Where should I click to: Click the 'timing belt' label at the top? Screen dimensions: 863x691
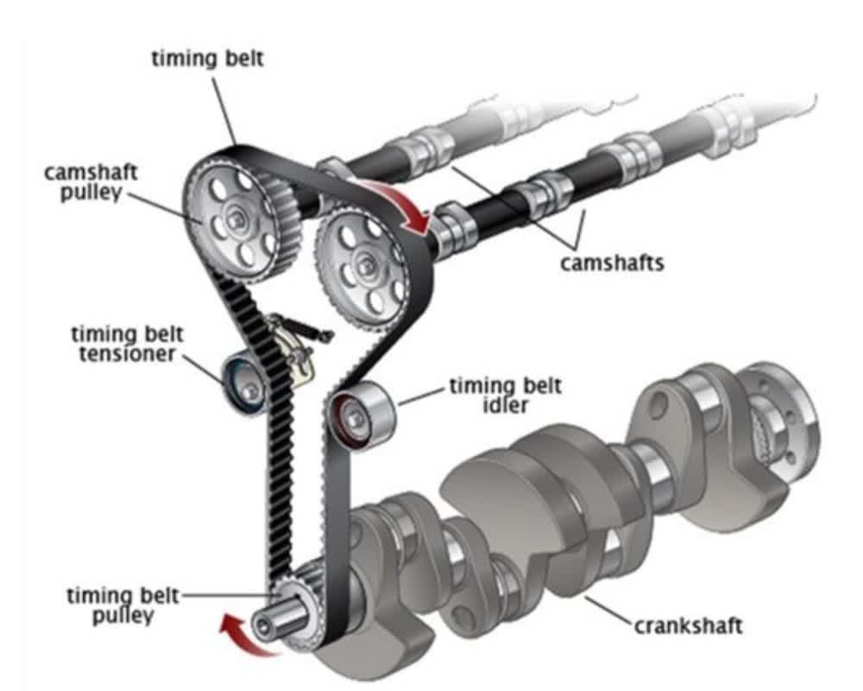[x=207, y=59]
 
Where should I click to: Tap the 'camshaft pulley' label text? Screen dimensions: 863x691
[x=91, y=182]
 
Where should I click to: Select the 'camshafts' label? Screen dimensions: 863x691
[x=612, y=263]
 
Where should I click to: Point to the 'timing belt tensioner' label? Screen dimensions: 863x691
[x=127, y=344]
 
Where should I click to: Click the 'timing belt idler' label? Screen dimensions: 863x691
[x=506, y=395]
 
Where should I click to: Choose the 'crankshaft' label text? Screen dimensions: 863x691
[x=689, y=626]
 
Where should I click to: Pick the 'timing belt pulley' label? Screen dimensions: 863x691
[x=123, y=605]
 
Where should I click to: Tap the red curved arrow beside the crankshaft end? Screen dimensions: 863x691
[x=247, y=637]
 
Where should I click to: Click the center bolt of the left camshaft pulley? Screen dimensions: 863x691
[x=236, y=219]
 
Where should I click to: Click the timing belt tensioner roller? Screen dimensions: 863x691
[x=245, y=384]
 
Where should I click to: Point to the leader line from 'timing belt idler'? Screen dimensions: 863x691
[x=422, y=396]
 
